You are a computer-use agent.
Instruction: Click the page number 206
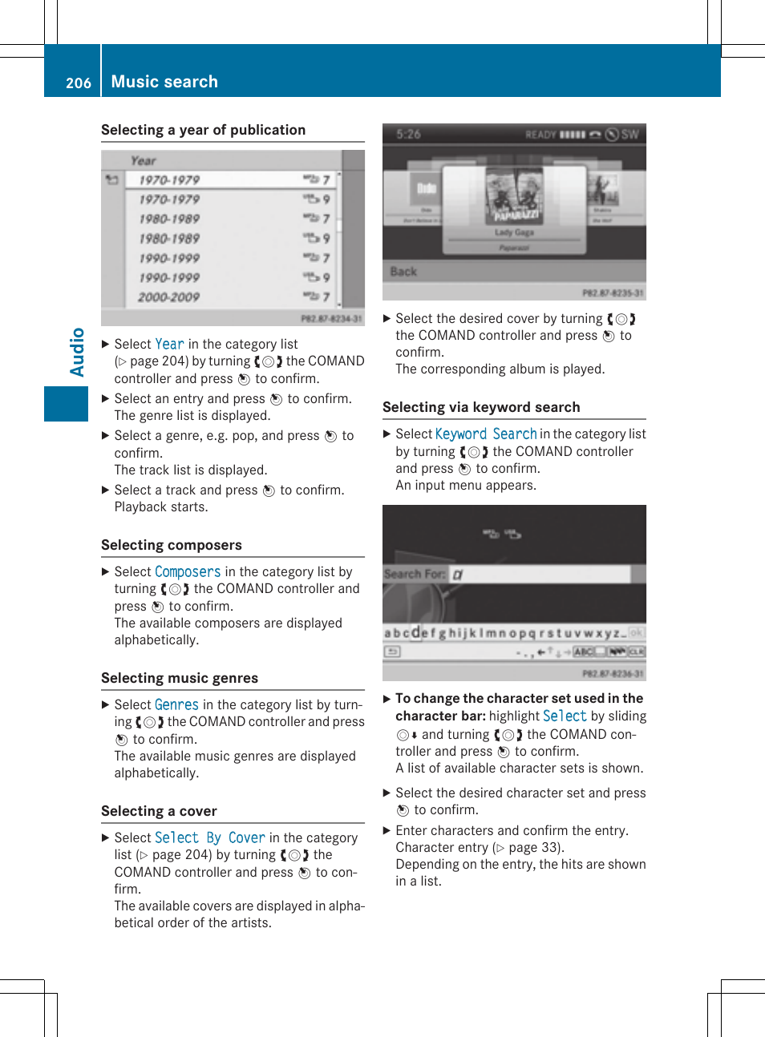coord(78,83)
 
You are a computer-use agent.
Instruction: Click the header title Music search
coord(164,82)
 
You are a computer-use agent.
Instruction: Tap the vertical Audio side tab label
coord(77,352)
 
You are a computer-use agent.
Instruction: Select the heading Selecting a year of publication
coord(203,130)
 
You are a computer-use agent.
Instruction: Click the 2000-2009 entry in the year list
coord(168,297)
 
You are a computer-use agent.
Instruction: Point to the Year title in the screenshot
coord(144,160)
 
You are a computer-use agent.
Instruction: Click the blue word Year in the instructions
coord(169,344)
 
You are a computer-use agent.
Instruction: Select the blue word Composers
coord(187,571)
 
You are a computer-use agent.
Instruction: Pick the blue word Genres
coord(176,704)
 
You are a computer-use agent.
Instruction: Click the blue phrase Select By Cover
coord(209,837)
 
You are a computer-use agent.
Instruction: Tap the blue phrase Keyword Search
coord(486,434)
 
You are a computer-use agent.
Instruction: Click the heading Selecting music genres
coord(180,678)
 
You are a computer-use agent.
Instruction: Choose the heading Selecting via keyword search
coord(481,407)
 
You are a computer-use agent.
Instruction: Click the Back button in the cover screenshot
coord(403,272)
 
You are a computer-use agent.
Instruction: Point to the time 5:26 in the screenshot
coord(408,134)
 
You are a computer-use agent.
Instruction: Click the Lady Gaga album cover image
coord(514,196)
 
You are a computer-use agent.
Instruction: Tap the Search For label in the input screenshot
coord(414,574)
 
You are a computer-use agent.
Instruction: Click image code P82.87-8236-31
coord(613,674)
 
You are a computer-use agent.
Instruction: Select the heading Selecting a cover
coord(159,811)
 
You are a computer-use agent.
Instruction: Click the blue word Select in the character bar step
coord(565,716)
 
